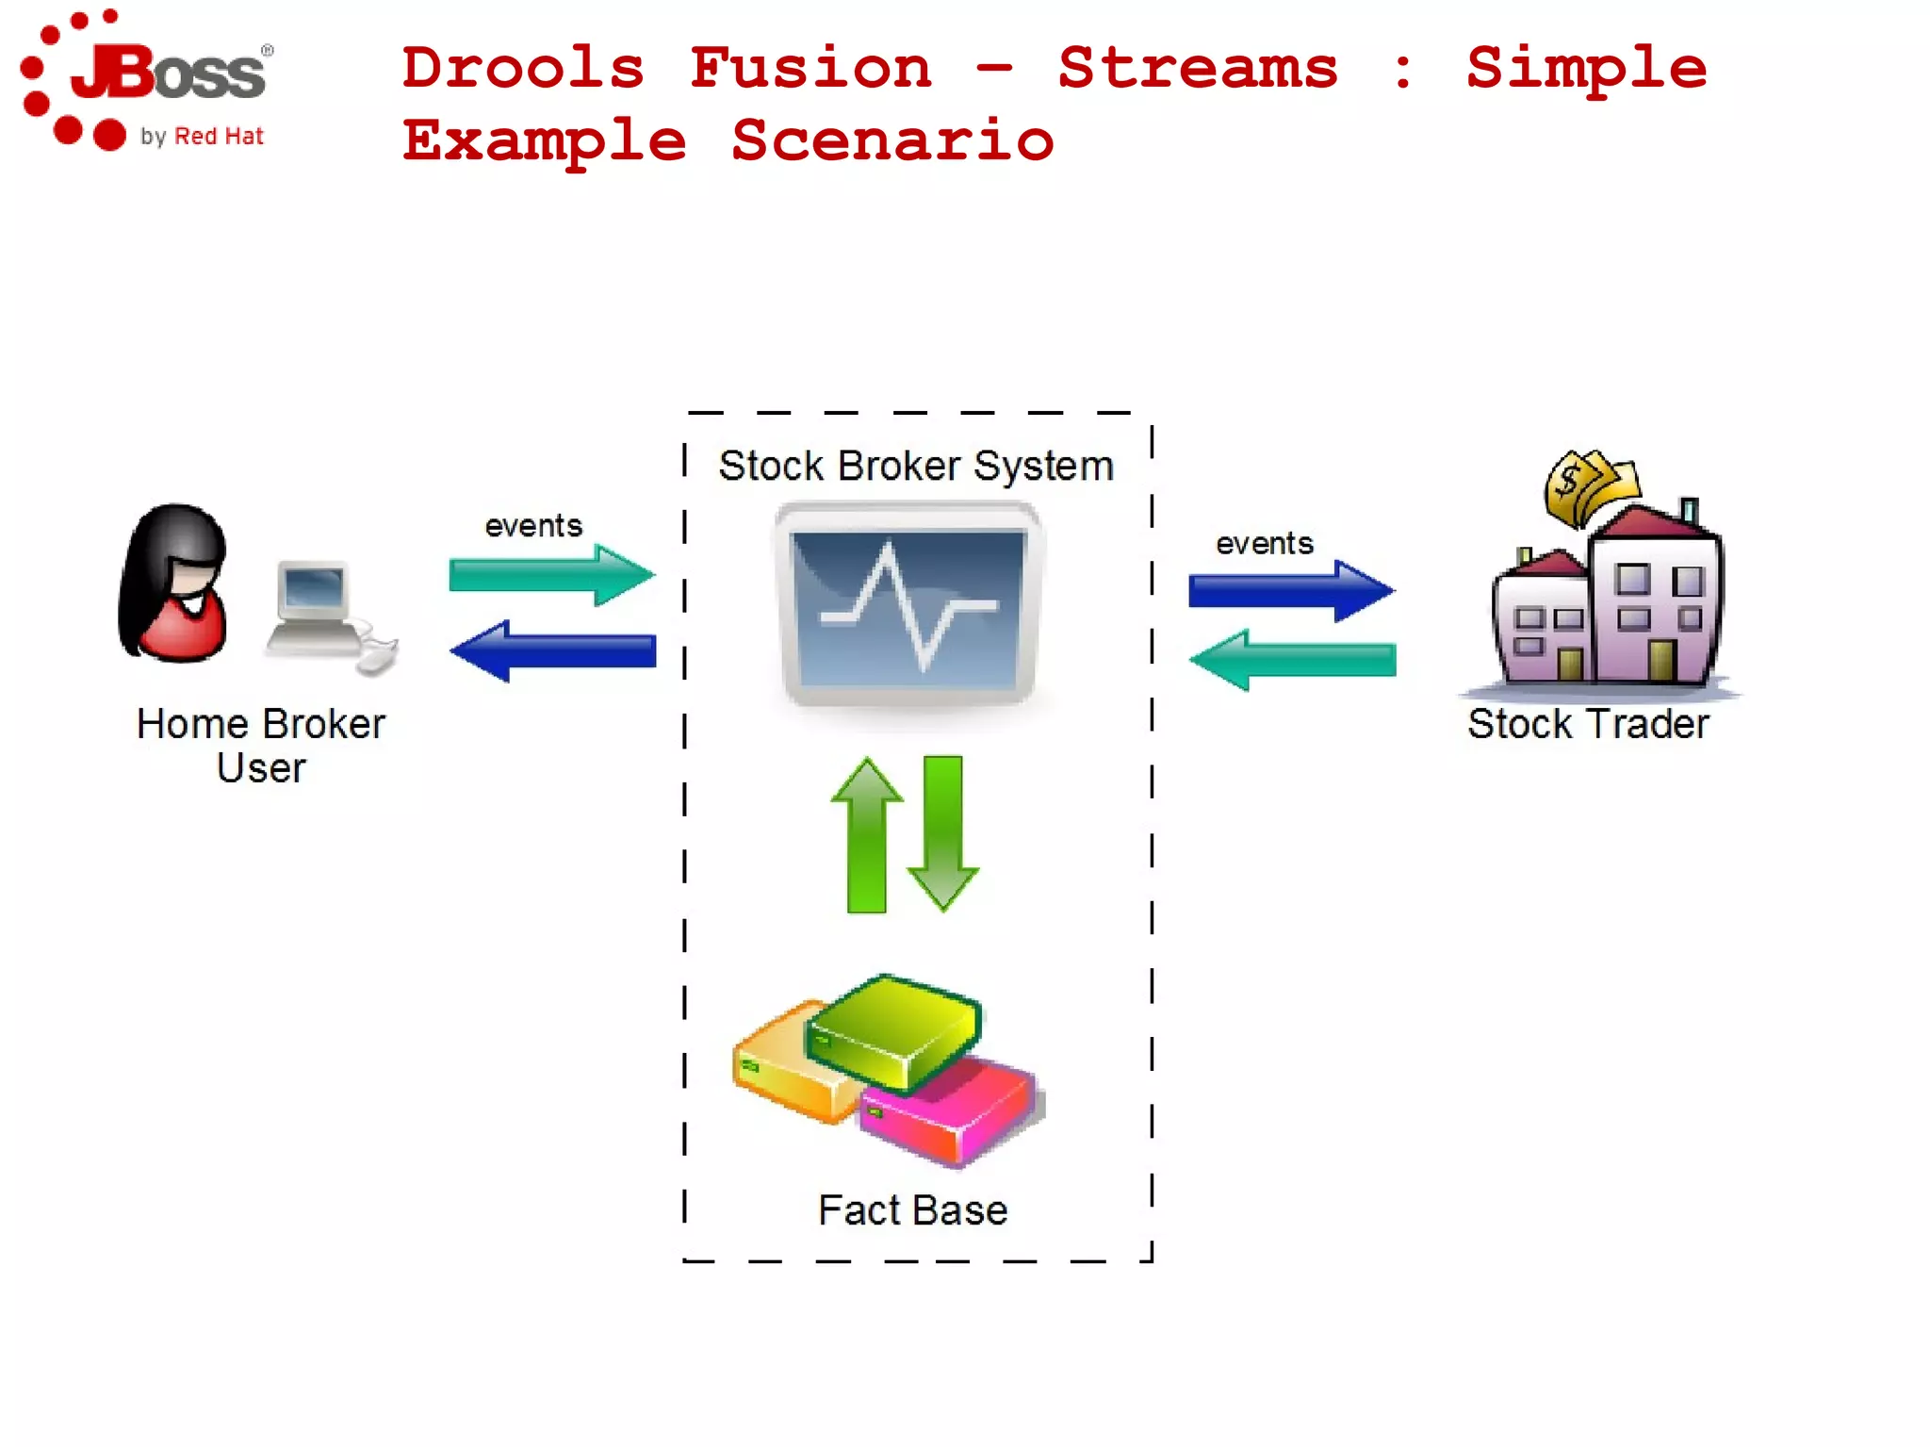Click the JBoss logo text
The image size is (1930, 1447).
pyautogui.click(x=170, y=74)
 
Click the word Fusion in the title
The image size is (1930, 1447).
pyautogui.click(x=810, y=68)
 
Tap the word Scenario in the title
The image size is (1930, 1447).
pyautogui.click(x=892, y=141)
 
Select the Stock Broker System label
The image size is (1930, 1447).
pyautogui.click(x=915, y=466)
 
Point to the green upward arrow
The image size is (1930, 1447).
pyautogui.click(x=866, y=835)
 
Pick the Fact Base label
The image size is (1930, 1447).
pyautogui.click(x=912, y=1210)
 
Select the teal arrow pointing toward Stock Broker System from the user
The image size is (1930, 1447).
pyautogui.click(x=551, y=574)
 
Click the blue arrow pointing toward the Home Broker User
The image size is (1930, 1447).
pyautogui.click(x=553, y=651)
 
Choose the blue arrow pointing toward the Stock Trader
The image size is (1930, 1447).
pyautogui.click(x=1291, y=591)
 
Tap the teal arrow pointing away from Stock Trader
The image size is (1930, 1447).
pyautogui.click(x=1293, y=660)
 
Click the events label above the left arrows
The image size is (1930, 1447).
pyautogui.click(x=533, y=526)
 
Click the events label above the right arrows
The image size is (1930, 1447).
pyautogui.click(x=1264, y=544)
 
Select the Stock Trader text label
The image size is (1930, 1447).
pyautogui.click(x=1588, y=724)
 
